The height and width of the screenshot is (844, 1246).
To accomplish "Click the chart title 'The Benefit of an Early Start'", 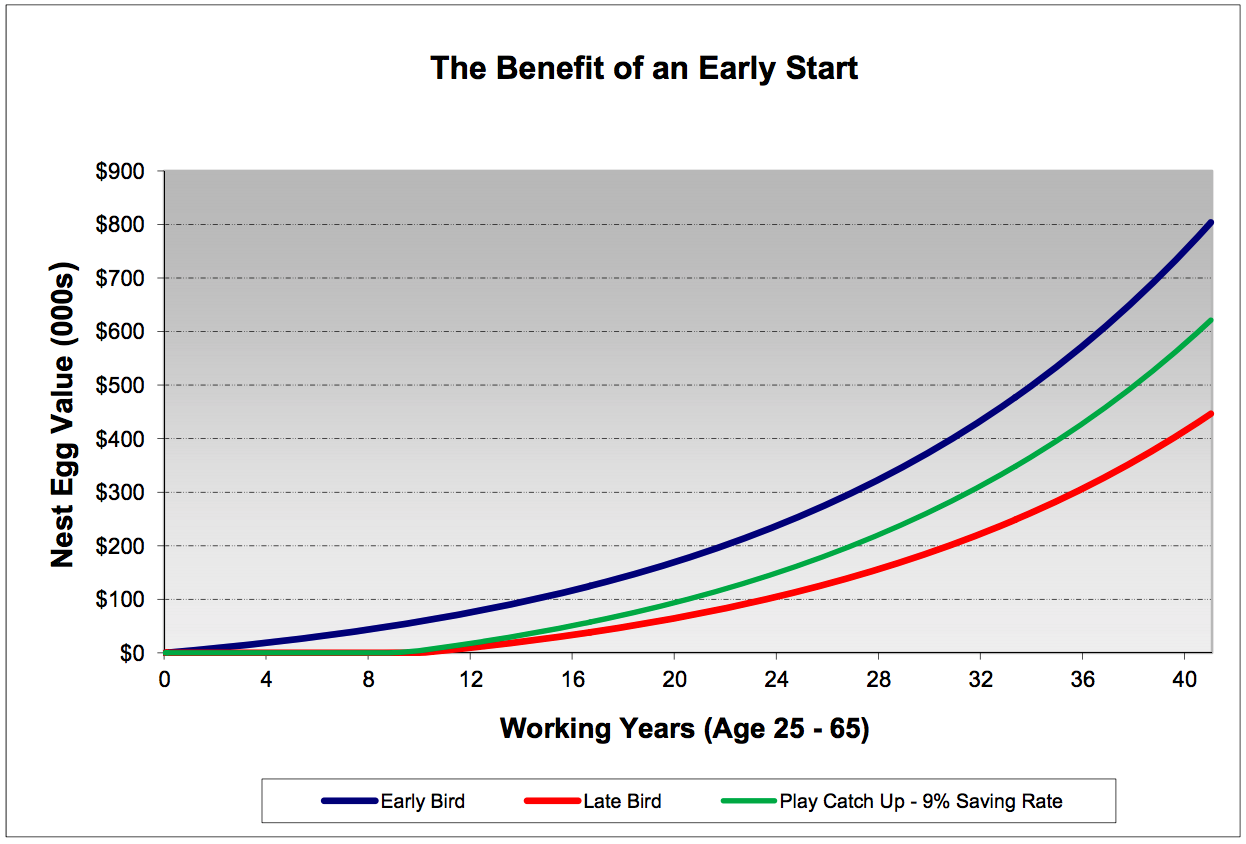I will click(x=644, y=69).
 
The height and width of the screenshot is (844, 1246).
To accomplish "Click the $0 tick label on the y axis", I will click(x=132, y=654).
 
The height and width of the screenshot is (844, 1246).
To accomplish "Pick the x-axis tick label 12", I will click(x=471, y=677).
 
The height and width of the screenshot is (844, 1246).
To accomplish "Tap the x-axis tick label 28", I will click(x=879, y=677).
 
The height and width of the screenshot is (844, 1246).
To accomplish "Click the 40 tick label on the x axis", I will click(x=1185, y=677).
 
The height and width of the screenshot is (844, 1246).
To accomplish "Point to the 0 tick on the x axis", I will click(x=165, y=677).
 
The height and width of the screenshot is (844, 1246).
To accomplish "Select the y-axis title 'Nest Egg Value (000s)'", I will click(x=63, y=411).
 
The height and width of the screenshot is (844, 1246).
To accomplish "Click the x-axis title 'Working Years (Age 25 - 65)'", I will click(x=684, y=728).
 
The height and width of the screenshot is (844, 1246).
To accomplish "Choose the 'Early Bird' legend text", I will click(x=422, y=801).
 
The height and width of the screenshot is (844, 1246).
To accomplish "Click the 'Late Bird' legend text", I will click(x=622, y=801).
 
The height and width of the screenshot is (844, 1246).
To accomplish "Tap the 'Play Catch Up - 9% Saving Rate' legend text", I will click(x=920, y=801).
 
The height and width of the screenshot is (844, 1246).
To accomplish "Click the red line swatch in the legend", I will click(x=552, y=801).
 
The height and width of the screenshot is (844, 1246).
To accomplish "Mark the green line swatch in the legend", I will click(x=748, y=801).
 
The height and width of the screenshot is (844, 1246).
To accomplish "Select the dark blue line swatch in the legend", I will click(x=350, y=801).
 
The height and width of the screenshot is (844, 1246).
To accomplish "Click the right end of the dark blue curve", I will click(x=1210, y=223).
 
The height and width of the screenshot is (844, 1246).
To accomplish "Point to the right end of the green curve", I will click(x=1210, y=321).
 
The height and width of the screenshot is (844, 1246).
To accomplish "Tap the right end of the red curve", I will click(x=1210, y=414).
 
